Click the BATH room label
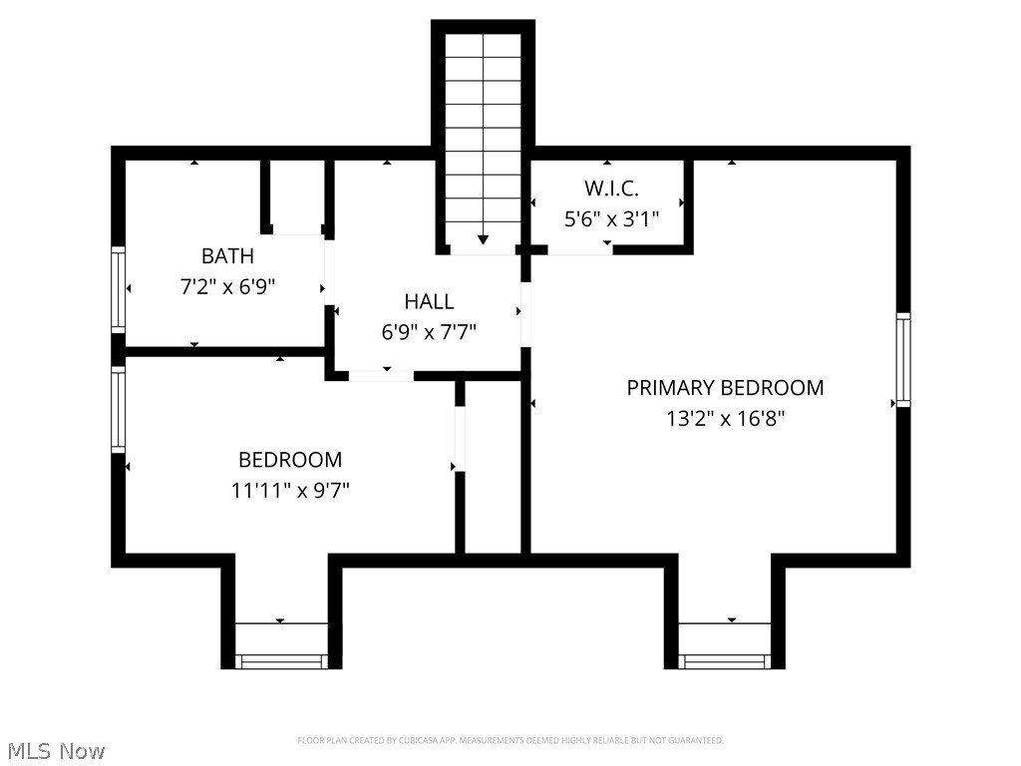227,256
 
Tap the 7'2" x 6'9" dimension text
227,287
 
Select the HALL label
429,301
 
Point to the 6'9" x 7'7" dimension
429,332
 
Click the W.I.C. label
611,188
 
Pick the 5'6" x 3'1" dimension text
611,218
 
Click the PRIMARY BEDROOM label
725,387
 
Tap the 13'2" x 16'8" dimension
725,419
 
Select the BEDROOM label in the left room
290,460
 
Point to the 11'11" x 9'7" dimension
290,491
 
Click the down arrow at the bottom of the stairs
484,239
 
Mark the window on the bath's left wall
118,289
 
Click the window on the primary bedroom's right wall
903,359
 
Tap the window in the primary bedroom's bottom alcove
725,660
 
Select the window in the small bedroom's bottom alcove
281,660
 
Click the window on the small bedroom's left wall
118,409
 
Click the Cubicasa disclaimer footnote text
510,740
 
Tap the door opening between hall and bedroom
381,375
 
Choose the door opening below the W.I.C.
579,249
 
